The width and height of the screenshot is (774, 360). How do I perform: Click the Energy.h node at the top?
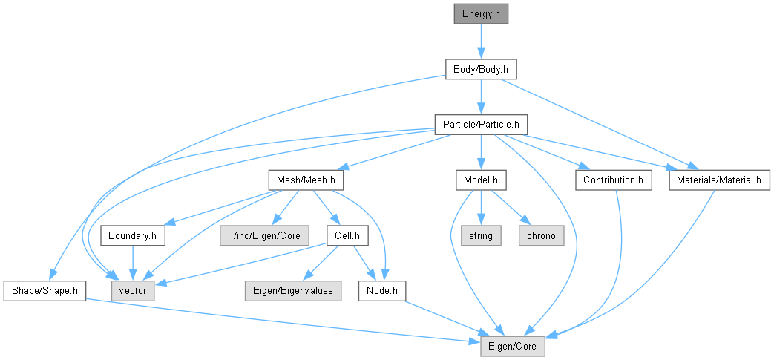[481, 14]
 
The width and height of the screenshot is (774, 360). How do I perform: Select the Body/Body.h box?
[481, 70]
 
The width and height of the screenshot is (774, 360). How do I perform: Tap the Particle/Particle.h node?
[481, 125]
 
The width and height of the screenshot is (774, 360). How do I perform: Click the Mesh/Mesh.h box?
[306, 180]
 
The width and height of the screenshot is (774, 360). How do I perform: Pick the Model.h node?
[481, 180]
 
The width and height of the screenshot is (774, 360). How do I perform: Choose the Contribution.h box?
[613, 180]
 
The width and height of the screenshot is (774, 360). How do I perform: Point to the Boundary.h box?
[132, 235]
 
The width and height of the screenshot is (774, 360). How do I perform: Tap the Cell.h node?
[347, 235]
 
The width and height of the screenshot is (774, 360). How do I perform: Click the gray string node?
[481, 235]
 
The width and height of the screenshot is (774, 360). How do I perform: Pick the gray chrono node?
[541, 235]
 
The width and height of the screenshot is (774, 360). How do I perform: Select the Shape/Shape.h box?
[45, 291]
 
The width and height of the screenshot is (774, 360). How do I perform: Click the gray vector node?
[133, 291]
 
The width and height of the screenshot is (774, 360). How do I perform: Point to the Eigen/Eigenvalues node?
[293, 291]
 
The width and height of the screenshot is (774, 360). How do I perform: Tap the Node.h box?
[382, 291]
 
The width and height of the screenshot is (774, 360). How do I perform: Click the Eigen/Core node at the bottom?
[513, 346]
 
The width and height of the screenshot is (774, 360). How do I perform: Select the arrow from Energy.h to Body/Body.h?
[481, 42]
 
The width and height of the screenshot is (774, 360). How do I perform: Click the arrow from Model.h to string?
[481, 208]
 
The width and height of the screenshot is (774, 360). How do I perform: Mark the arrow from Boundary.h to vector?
[132, 264]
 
